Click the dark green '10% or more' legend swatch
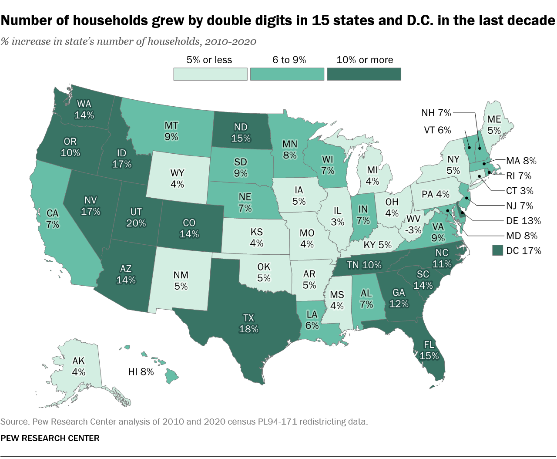tap(364, 74)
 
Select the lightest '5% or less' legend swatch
tap(210, 74)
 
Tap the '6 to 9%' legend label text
tap(289, 60)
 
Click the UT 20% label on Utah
tap(136, 217)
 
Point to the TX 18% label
tap(248, 324)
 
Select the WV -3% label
tap(413, 224)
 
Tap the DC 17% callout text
tap(523, 251)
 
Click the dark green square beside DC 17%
tap(497, 250)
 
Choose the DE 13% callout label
tap(523, 221)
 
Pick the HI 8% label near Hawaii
tap(141, 372)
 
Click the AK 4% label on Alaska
tap(79, 366)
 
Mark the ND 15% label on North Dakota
tap(241, 132)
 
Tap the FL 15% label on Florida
tap(429, 351)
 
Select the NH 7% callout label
tap(436, 113)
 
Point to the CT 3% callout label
tap(520, 191)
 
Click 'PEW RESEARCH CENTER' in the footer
tap(50, 438)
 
